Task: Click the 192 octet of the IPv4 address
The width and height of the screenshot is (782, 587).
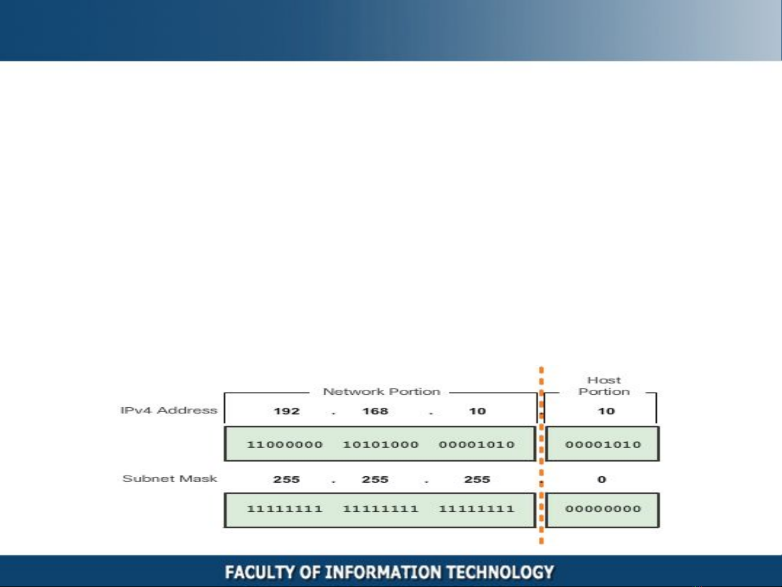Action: tap(287, 411)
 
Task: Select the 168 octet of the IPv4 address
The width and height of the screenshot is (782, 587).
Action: tap(375, 411)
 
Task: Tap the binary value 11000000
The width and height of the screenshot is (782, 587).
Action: tap(285, 444)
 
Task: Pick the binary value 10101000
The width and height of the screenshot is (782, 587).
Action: tap(381, 444)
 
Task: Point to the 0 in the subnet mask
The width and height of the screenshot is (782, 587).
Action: tap(602, 479)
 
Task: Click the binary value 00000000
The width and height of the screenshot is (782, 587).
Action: tap(603, 509)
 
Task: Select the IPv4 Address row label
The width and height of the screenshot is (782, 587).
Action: tap(169, 410)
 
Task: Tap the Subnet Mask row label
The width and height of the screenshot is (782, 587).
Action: tap(169, 478)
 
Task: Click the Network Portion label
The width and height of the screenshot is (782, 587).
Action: tap(382, 392)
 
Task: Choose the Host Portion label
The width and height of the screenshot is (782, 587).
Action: tap(604, 386)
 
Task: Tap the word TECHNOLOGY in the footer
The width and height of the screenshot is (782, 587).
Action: tap(500, 572)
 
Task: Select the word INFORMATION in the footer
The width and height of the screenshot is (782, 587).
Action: tap(383, 572)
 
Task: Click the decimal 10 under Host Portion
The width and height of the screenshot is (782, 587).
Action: tap(606, 411)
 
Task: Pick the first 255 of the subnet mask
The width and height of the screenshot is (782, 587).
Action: tap(287, 479)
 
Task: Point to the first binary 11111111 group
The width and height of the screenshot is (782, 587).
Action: tap(285, 509)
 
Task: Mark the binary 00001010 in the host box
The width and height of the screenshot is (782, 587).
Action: tap(603, 444)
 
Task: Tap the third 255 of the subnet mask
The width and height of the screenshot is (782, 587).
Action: tap(477, 479)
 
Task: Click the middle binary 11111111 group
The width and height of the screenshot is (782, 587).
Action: tap(381, 509)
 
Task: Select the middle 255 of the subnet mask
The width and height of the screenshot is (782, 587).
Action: tap(375, 479)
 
